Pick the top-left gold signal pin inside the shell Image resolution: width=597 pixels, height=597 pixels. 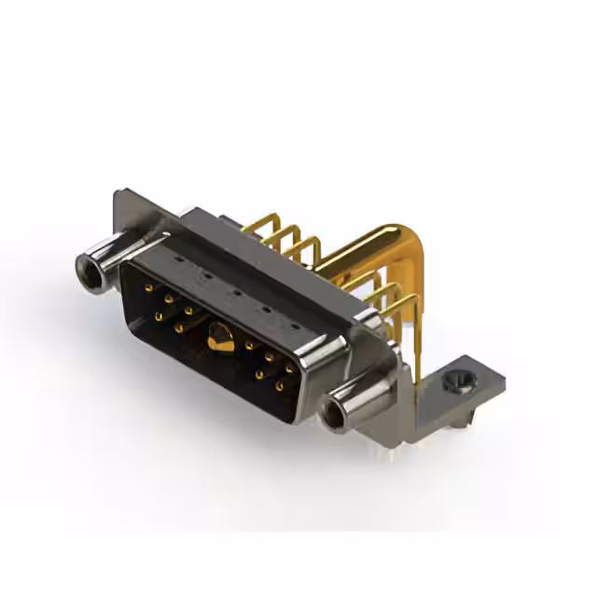click(147, 288)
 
